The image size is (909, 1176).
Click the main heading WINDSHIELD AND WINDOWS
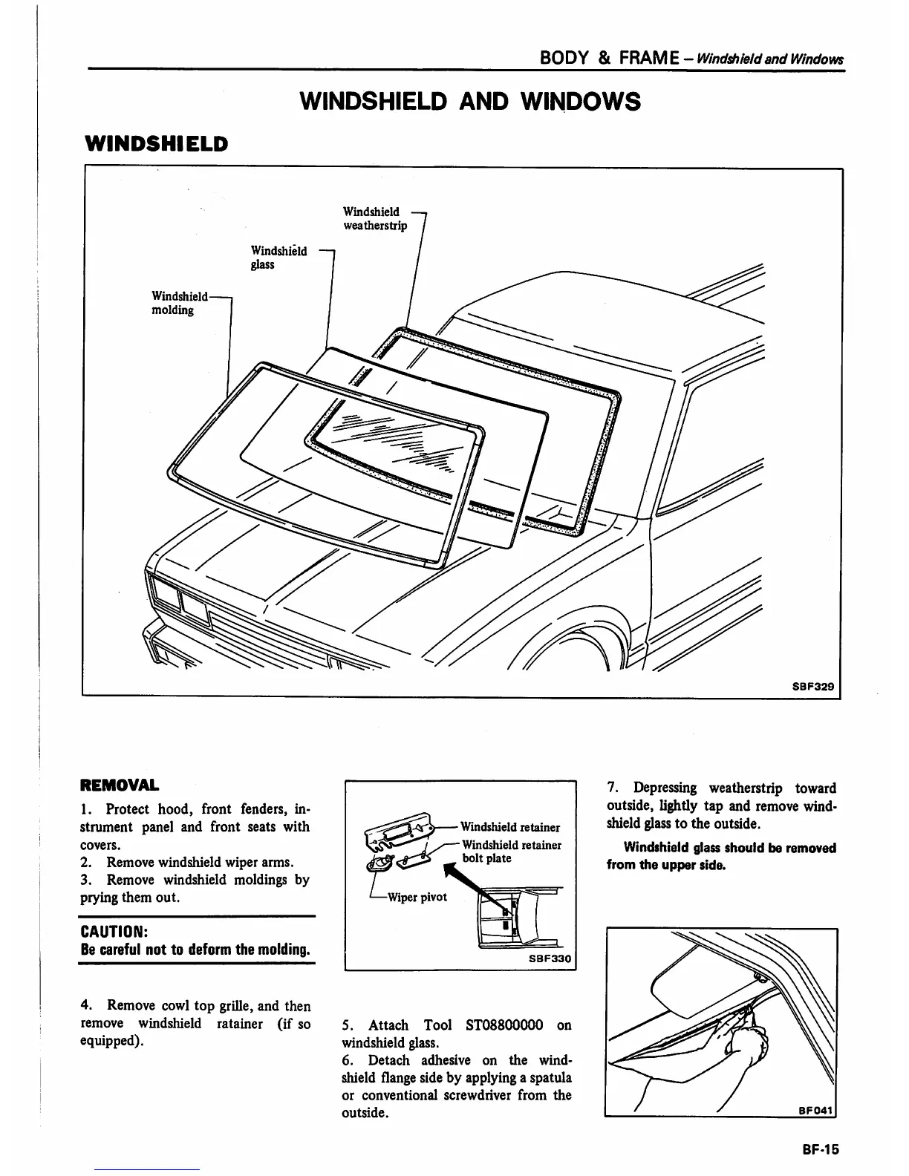tap(469, 101)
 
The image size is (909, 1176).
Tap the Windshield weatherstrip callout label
tap(374, 218)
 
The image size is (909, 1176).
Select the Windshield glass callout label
tap(278, 258)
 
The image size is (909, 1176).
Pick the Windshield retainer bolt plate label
tap(511, 852)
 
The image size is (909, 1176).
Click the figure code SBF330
tap(550, 958)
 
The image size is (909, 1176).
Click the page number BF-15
tap(819, 1149)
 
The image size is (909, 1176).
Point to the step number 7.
tap(612, 788)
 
